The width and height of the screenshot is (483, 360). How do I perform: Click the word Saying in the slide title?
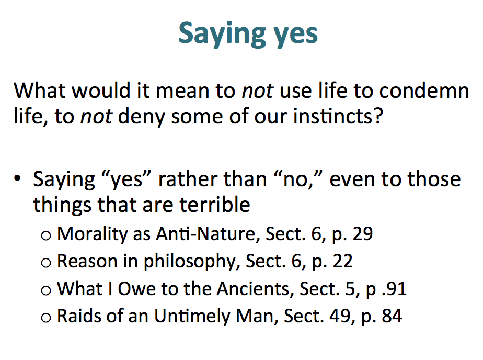point(222,34)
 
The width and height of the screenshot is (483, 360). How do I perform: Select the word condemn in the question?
point(424,91)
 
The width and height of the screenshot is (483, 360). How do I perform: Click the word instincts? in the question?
point(338,116)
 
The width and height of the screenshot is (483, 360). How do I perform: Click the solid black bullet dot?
point(18,178)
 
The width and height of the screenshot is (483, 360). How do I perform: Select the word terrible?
point(215,205)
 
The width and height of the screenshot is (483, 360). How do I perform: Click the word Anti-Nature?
point(206,234)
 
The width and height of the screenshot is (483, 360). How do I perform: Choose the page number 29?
point(363,234)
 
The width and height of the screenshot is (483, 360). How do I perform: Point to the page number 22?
point(342,262)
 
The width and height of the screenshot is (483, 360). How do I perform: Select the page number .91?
point(394,289)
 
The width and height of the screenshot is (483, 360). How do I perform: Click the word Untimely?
point(192,317)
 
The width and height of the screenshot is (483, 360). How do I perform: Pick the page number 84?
point(392,316)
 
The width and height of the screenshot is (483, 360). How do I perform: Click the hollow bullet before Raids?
point(46,318)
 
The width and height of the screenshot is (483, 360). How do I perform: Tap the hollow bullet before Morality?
point(46,235)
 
